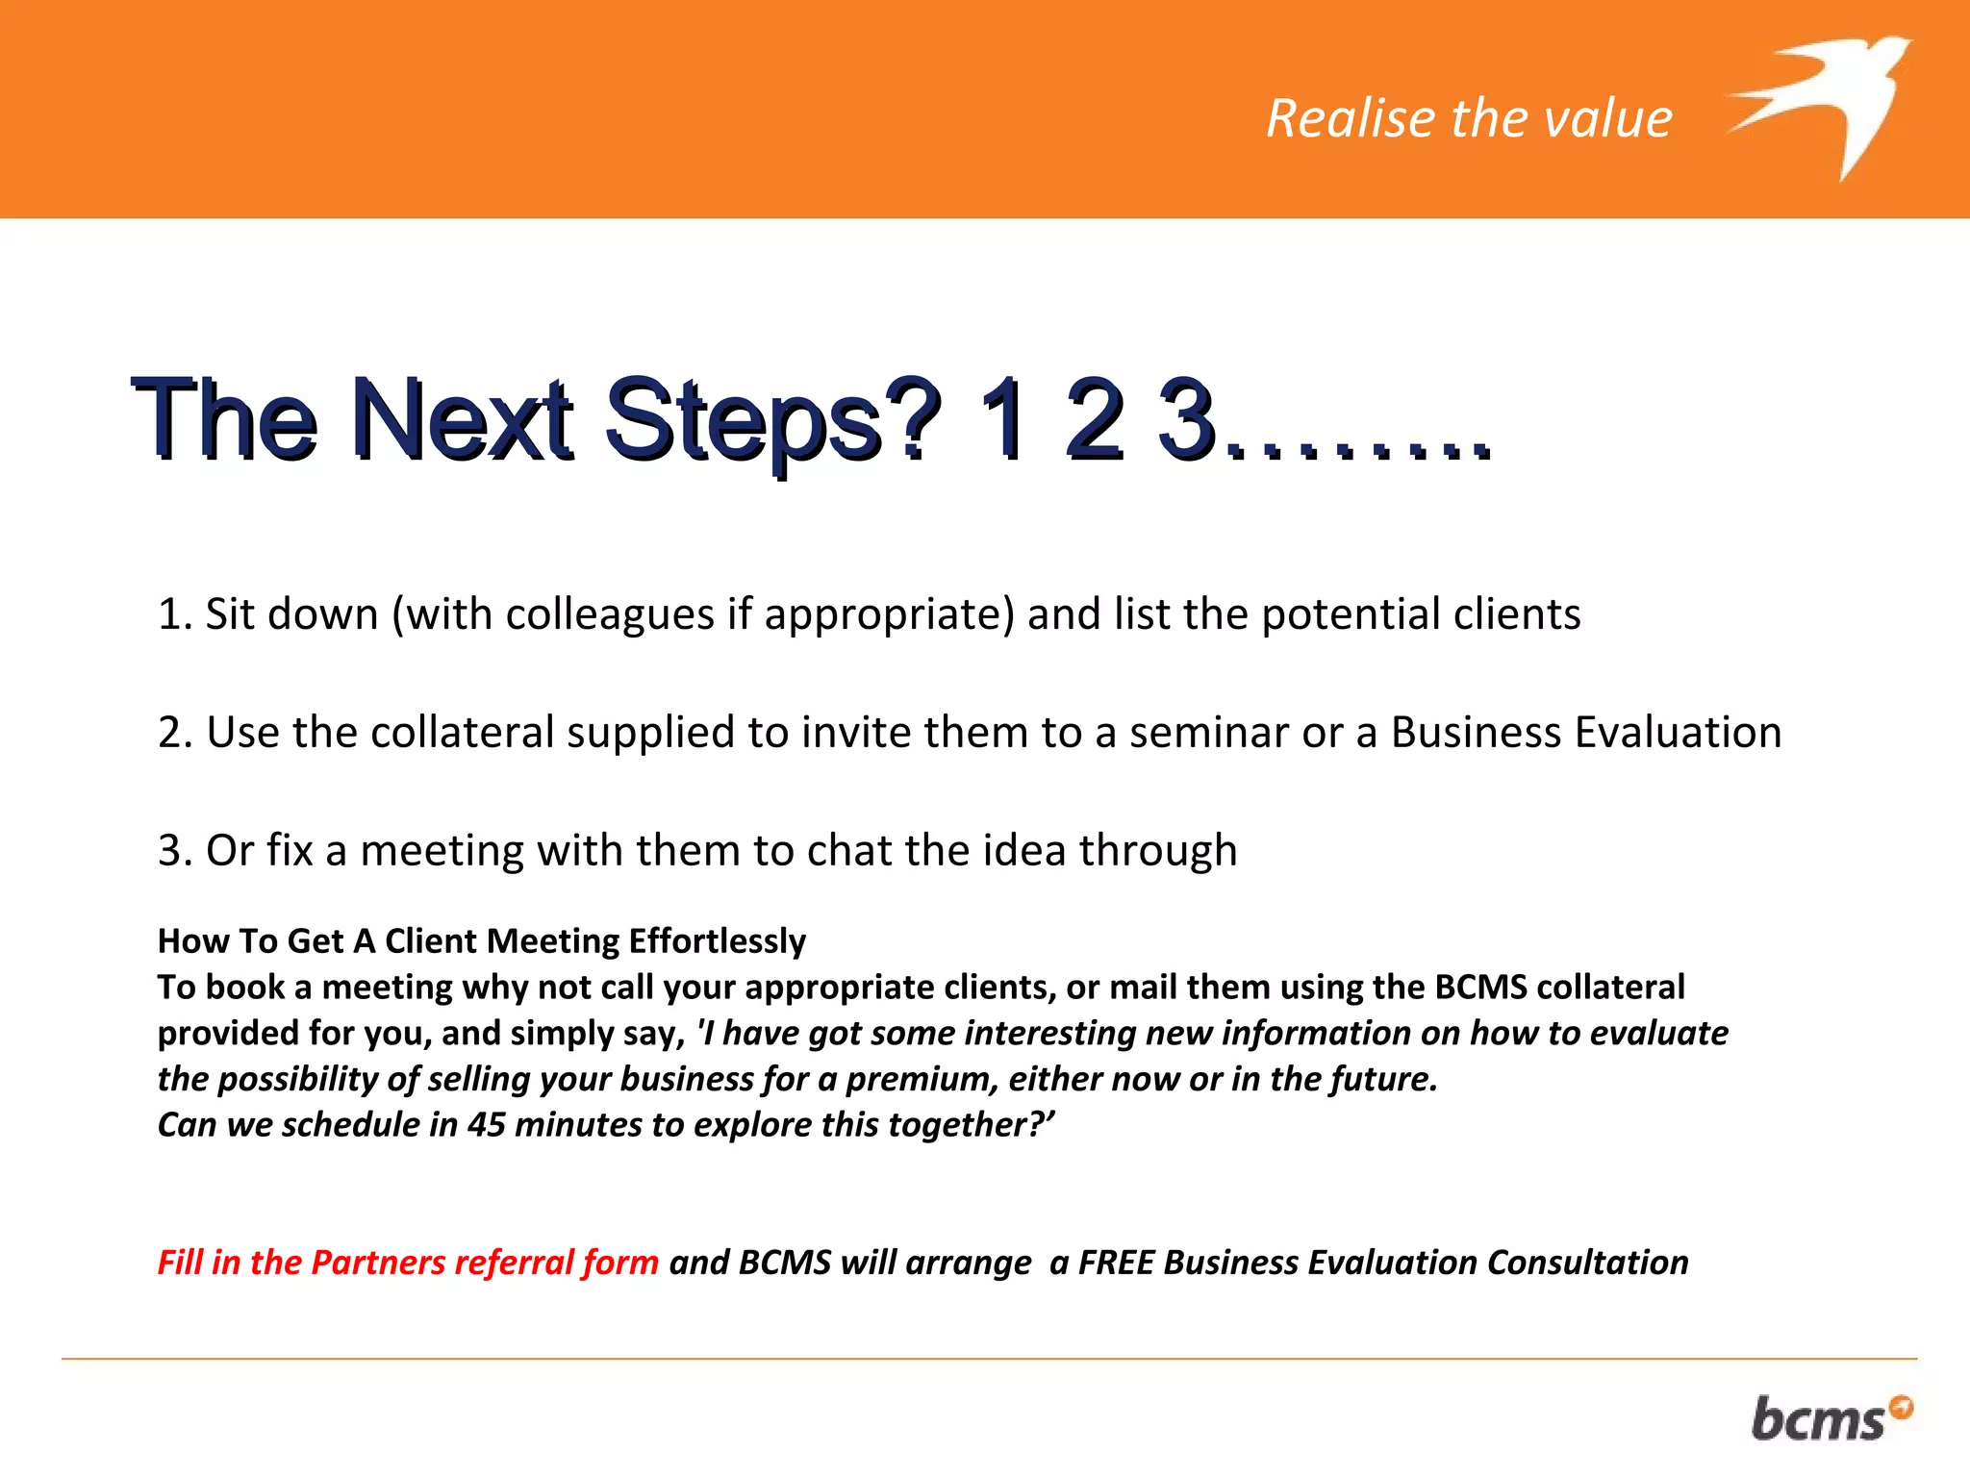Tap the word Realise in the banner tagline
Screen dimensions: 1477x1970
pyautogui.click(x=1351, y=119)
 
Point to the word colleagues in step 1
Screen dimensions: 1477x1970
pyautogui.click(x=609, y=614)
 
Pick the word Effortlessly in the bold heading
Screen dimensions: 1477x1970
pyautogui.click(x=717, y=941)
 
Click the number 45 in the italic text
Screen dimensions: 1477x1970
pyautogui.click(x=486, y=1125)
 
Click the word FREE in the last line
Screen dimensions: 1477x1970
pyautogui.click(x=1115, y=1263)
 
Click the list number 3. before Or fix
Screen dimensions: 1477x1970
pyautogui.click(x=175, y=851)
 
